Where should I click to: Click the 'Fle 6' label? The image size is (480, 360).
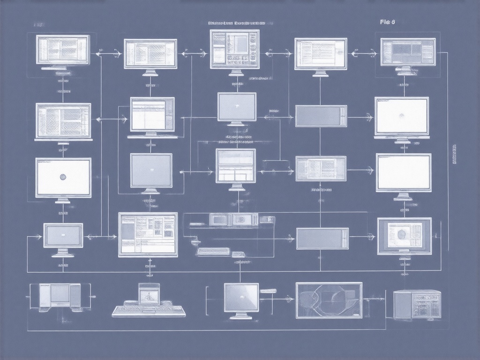pos(387,22)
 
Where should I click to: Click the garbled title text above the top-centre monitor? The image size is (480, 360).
pos(236,22)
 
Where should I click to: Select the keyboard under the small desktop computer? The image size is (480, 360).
pos(149,311)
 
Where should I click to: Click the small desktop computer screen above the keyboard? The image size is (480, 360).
pos(149,294)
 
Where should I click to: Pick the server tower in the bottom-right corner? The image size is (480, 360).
pos(417,304)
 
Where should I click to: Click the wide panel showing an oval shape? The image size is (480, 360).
pos(329,300)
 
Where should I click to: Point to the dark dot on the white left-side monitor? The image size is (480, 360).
pos(63,177)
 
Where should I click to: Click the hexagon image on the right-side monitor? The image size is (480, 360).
pos(404,234)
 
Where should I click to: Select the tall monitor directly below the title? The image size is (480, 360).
pos(234,49)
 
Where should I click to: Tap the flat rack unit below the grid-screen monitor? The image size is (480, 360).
pos(233,219)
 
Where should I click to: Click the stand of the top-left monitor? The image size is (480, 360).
pos(63,69)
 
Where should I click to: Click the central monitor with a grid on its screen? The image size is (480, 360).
pos(235,165)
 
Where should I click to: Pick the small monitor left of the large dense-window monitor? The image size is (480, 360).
pos(63,235)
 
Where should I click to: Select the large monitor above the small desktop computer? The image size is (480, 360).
pos(148,234)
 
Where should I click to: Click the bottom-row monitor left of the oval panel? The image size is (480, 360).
pos(241,298)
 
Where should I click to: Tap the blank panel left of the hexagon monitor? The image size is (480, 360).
pos(322,238)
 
